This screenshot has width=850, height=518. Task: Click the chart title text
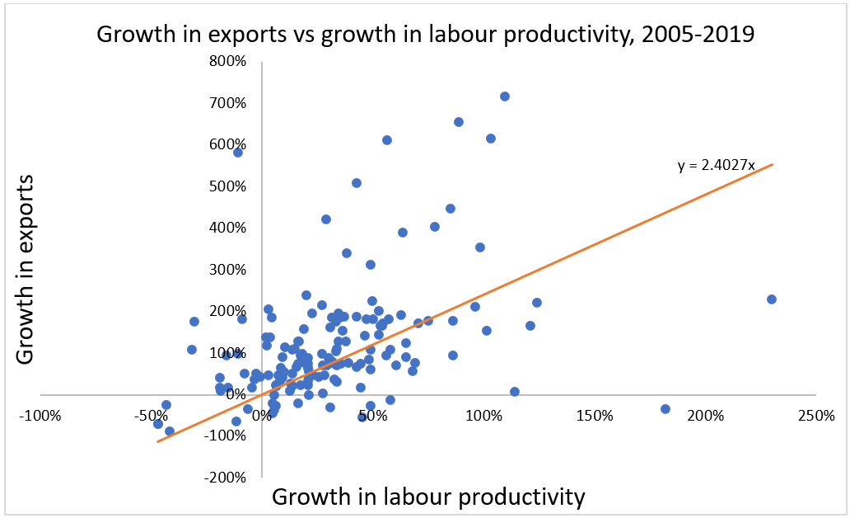(x=426, y=35)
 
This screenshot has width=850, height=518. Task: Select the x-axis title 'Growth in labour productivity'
(x=428, y=497)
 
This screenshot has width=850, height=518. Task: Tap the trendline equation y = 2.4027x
(x=716, y=166)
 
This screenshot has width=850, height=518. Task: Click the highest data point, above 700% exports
(x=505, y=97)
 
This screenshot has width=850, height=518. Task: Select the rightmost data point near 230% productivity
(x=772, y=299)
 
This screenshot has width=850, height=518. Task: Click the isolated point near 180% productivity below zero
(x=666, y=409)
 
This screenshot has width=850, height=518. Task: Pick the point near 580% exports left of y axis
(x=238, y=153)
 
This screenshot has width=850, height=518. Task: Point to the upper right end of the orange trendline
(x=772, y=164)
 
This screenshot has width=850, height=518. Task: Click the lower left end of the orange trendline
(x=157, y=441)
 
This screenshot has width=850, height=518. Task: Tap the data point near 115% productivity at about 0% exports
(x=515, y=392)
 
